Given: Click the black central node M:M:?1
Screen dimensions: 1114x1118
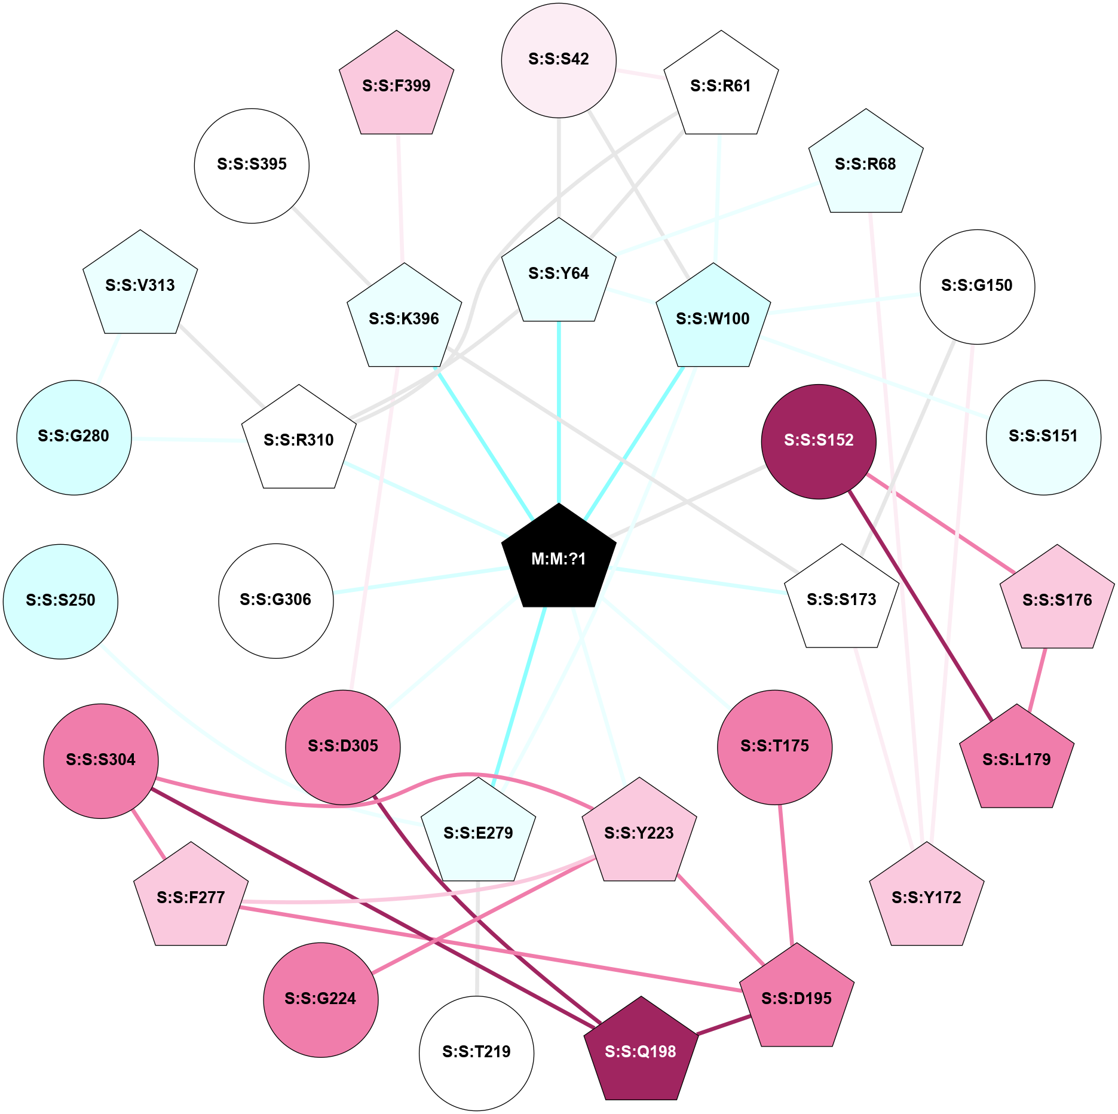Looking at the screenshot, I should pyautogui.click(x=559, y=558).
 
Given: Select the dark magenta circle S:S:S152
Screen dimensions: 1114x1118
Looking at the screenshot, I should pyautogui.click(x=819, y=441).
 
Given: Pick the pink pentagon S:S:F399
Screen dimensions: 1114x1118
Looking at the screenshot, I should pyautogui.click(x=396, y=86).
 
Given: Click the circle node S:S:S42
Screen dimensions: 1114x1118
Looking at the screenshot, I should pyautogui.click(x=559, y=60).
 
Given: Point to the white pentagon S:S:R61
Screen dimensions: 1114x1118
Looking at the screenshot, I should pyautogui.click(x=721, y=86).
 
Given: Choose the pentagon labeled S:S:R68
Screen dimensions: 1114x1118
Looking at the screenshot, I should pyautogui.click(x=865, y=164).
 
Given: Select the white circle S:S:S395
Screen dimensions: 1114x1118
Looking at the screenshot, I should pyautogui.click(x=252, y=165).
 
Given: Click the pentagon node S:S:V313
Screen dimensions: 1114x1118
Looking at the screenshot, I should pyautogui.click(x=140, y=286).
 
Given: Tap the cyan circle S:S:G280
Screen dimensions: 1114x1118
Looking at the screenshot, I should pyautogui.click(x=74, y=437).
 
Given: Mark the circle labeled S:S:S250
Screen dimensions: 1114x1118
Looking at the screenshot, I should pyautogui.click(x=60, y=601).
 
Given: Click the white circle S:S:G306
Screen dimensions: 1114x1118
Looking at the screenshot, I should pyautogui.click(x=275, y=600).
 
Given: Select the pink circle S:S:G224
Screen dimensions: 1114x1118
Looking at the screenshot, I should pyautogui.click(x=320, y=999).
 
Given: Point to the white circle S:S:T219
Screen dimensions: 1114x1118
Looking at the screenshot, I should pyautogui.click(x=476, y=1052).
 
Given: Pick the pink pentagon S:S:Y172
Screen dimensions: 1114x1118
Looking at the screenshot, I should pyautogui.click(x=926, y=898).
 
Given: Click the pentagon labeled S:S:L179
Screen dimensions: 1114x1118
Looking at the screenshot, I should pyautogui.click(x=1016, y=760).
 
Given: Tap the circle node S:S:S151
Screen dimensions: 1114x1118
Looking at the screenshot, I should pyautogui.click(x=1043, y=437).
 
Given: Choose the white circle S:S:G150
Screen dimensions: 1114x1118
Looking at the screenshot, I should pyautogui.click(x=977, y=286).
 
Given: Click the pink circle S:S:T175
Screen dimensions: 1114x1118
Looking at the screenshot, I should pyautogui.click(x=774, y=747).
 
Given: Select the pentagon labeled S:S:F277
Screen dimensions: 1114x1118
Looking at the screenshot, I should pyautogui.click(x=191, y=898).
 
